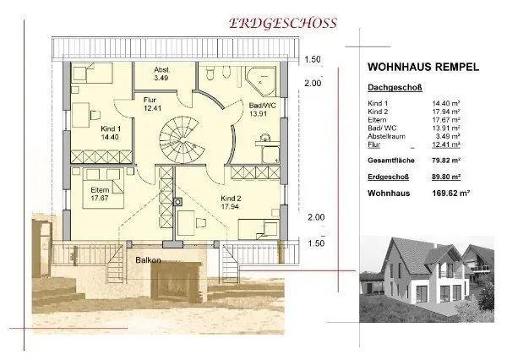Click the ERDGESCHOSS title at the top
click(283, 24)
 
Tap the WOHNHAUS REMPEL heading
click(423, 67)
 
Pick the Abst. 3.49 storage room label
click(161, 74)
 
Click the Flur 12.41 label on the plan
click(152, 104)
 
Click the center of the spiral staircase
click(183, 140)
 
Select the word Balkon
click(148, 259)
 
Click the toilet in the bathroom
click(210, 74)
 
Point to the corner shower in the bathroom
click(260, 81)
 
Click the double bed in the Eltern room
click(103, 188)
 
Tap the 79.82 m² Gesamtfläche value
click(446, 161)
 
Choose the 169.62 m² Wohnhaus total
click(450, 194)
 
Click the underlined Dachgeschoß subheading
click(395, 88)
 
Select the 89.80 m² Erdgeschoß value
click(446, 177)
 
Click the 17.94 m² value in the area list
click(446, 112)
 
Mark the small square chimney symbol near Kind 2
click(177, 202)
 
